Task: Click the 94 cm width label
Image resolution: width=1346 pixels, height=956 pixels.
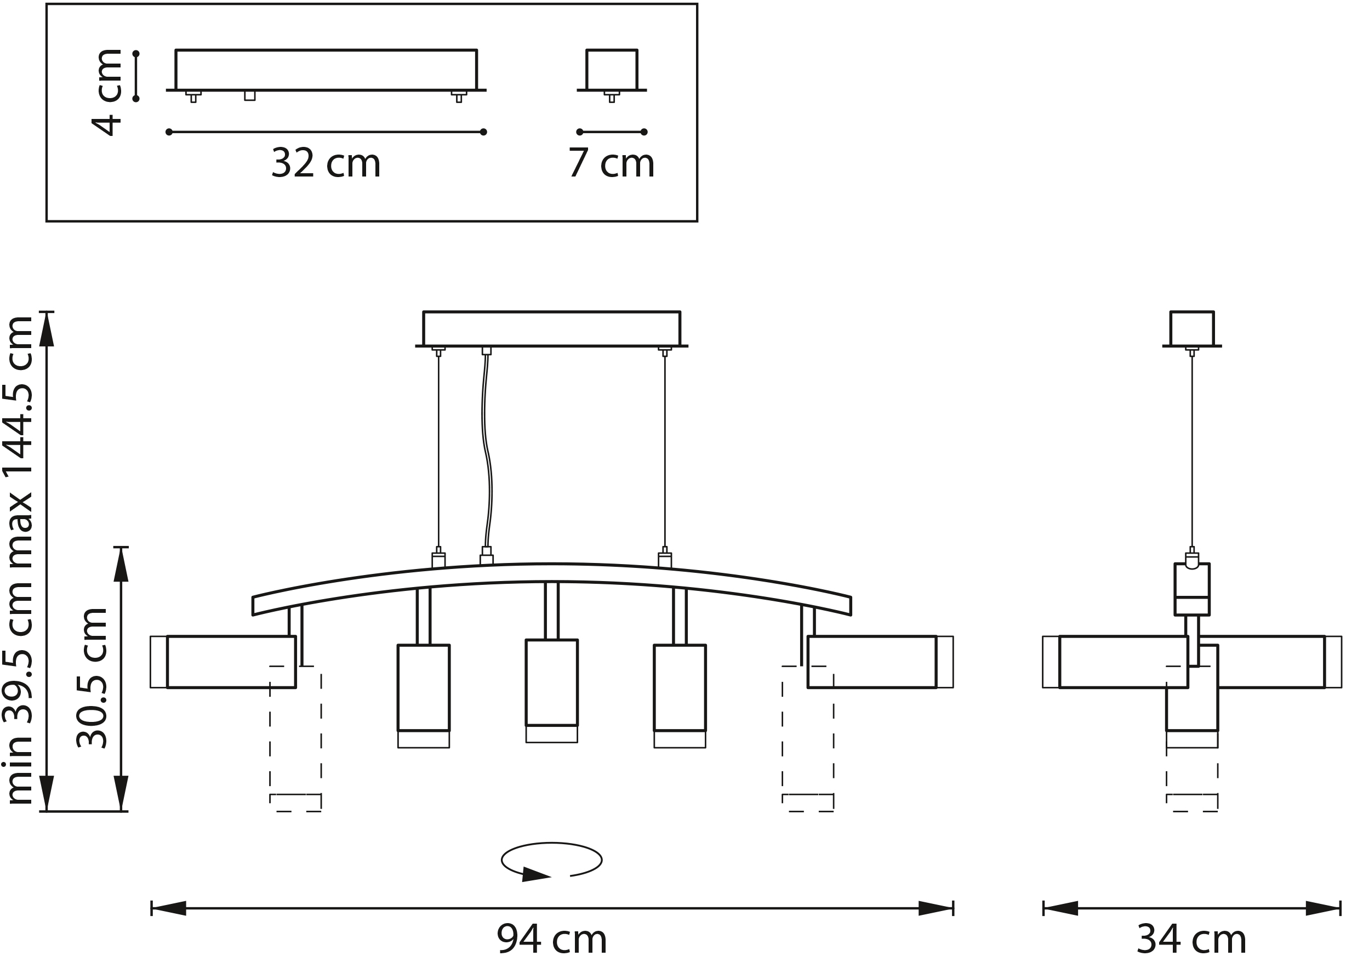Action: [x=551, y=938]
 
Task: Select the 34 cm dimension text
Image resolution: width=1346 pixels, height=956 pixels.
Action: [x=1192, y=938]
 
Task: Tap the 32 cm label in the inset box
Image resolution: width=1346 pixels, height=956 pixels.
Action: [x=326, y=162]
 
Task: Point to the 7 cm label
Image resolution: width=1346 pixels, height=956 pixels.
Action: [x=611, y=162]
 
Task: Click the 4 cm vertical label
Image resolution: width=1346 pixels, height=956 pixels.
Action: [x=107, y=93]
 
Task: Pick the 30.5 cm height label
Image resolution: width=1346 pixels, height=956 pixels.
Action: [x=93, y=678]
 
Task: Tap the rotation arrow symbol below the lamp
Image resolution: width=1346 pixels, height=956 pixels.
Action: [x=551, y=862]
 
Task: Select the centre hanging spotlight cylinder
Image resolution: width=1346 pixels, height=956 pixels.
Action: [x=551, y=691]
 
